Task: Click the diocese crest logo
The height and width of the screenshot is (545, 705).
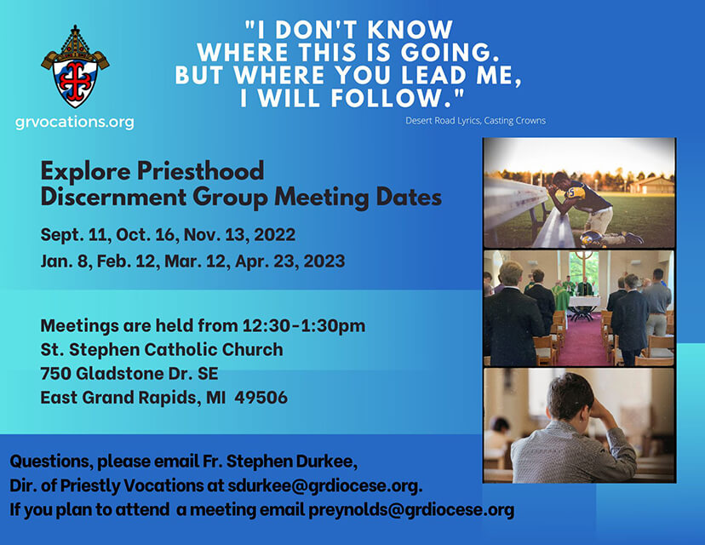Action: [75, 66]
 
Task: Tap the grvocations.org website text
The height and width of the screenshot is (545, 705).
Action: [75, 122]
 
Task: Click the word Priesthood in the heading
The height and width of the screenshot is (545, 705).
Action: [201, 171]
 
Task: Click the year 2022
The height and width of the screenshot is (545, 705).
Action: [275, 235]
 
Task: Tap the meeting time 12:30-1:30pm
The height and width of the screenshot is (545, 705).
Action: [304, 325]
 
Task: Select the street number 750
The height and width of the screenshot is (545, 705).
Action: [55, 373]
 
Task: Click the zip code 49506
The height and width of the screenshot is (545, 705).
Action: [261, 398]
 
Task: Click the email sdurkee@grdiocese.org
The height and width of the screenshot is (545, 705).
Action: [324, 485]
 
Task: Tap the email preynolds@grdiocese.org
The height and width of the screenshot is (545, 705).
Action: [411, 509]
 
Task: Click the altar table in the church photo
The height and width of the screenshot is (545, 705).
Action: [584, 306]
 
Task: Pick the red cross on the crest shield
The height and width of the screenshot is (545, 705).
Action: [75, 77]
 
